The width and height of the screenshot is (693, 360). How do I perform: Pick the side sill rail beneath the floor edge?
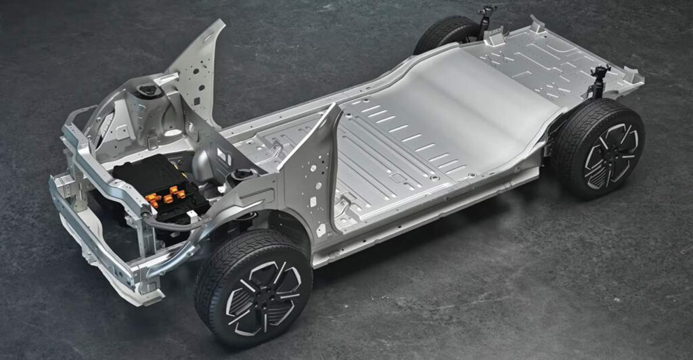pyautogui.click(x=433, y=210)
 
